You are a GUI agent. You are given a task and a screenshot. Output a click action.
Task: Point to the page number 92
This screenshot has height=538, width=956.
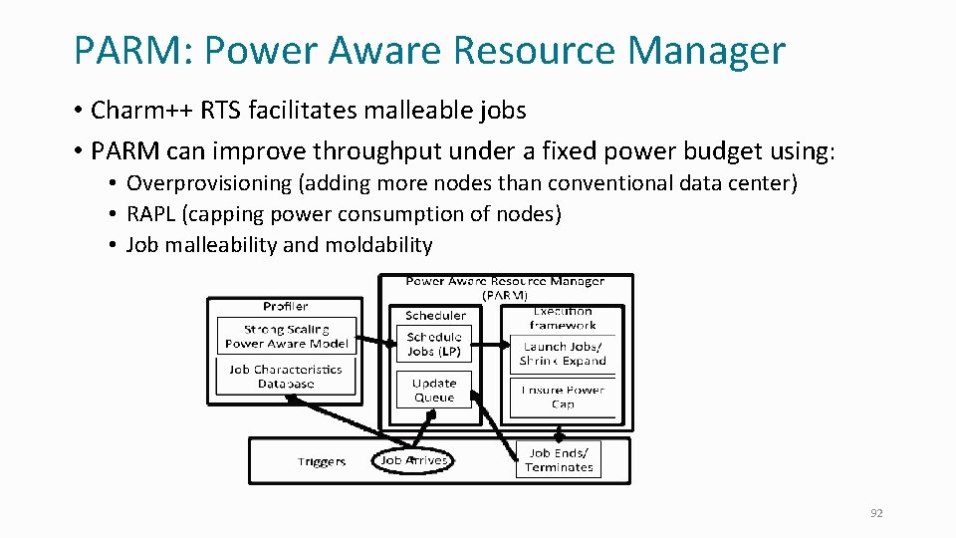(876, 513)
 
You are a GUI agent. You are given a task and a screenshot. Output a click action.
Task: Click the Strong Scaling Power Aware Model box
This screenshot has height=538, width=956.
(287, 336)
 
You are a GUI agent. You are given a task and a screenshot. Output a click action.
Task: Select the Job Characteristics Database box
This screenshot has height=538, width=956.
(286, 376)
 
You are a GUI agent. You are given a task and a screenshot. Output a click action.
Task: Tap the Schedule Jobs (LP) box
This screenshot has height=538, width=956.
(434, 344)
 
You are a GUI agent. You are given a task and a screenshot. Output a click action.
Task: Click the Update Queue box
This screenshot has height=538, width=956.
(434, 390)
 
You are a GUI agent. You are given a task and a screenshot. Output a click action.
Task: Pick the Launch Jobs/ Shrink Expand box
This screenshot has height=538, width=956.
(563, 354)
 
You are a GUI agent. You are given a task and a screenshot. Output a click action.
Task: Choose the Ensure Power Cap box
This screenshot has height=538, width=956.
(563, 397)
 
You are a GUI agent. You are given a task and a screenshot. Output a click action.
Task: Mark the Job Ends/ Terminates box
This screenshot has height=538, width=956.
(559, 460)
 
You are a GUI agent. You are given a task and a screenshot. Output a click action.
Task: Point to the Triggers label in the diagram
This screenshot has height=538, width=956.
(322, 461)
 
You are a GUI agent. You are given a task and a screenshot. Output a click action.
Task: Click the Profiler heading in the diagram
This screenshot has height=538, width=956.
(286, 306)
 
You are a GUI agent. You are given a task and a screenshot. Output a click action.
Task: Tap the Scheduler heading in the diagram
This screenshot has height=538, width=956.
(434, 315)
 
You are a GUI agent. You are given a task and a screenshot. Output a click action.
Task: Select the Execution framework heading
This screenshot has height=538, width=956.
(563, 317)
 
